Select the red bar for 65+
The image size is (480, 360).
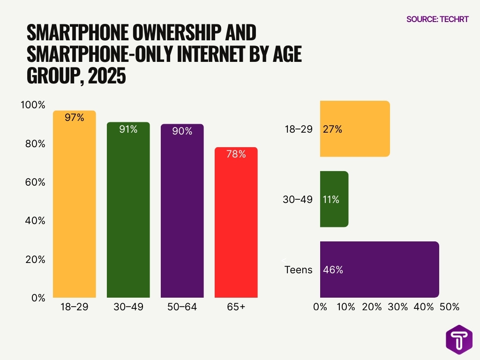click(x=236, y=225)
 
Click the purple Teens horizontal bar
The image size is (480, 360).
click(x=379, y=270)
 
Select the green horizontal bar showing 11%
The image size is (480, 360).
click(x=334, y=199)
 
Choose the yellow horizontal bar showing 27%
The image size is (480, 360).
click(x=355, y=129)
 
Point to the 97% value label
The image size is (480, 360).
click(x=75, y=118)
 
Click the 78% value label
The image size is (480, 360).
click(x=236, y=154)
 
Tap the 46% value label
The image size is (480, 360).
click(x=333, y=270)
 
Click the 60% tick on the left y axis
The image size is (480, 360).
click(x=35, y=182)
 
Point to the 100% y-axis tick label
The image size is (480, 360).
click(x=33, y=105)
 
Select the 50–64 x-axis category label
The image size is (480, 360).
click(x=182, y=307)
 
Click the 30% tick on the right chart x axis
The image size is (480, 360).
click(x=397, y=307)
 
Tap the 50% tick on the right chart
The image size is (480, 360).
click(x=449, y=307)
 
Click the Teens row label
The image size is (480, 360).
click(x=299, y=270)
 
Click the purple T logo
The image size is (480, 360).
click(x=459, y=338)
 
